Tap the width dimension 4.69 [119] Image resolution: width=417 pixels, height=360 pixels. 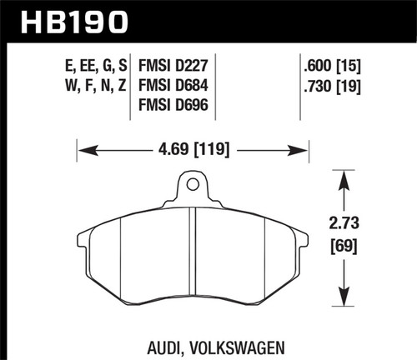click(x=193, y=151)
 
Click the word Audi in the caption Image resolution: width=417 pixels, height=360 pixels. click(x=154, y=342)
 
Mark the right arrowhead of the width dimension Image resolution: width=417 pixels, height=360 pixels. click(x=304, y=151)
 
